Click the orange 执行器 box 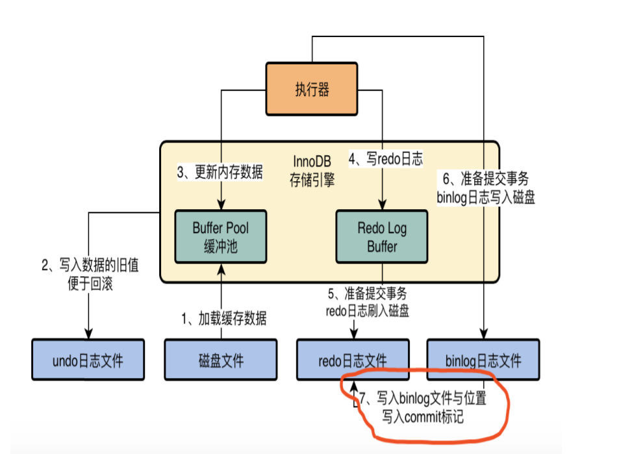pyautogui.click(x=312, y=89)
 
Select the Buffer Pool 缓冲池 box pyautogui.click(x=220, y=236)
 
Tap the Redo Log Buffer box pyautogui.click(x=382, y=236)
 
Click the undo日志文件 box pyautogui.click(x=88, y=359)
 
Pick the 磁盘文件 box pyautogui.click(x=220, y=359)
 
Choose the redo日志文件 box pyautogui.click(x=353, y=359)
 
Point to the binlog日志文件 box pyautogui.click(x=483, y=359)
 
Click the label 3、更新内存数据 pyautogui.click(x=220, y=172)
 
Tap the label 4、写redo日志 pyautogui.click(x=386, y=158)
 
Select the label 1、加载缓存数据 pyautogui.click(x=223, y=318)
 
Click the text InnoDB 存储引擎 pyautogui.click(x=312, y=171)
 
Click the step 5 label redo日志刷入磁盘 pyautogui.click(x=368, y=302)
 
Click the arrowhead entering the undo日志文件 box pyautogui.click(x=88, y=334)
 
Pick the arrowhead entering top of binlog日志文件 pyautogui.click(x=484, y=334)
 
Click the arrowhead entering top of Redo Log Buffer pyautogui.click(x=382, y=205)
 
